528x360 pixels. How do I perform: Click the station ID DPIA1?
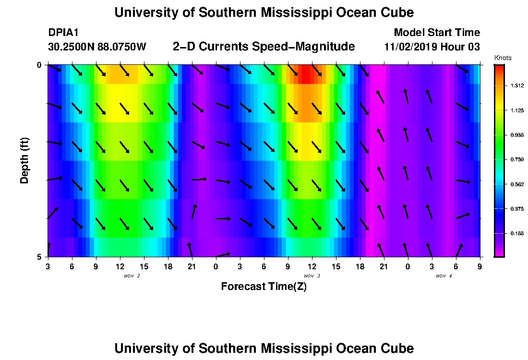point(63,33)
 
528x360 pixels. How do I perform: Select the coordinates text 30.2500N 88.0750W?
point(97,47)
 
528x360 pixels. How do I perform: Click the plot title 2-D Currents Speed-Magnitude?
point(264,47)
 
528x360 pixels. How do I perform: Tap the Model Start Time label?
point(436,33)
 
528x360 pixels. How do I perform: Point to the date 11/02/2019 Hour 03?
point(432,47)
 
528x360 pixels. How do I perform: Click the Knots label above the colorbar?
point(503,58)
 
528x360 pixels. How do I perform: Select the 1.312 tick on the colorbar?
point(517,86)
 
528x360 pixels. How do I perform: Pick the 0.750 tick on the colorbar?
point(517,159)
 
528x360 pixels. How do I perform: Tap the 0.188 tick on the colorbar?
point(517,233)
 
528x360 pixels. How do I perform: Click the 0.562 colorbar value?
point(517,184)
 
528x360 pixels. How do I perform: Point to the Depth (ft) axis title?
point(24,161)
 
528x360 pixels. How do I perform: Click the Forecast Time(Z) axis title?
point(264,287)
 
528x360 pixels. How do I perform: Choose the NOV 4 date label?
point(444,276)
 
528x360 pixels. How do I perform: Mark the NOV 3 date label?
point(312,276)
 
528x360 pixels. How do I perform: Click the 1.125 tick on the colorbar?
point(517,110)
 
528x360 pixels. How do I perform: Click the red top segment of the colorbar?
point(499,70)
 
